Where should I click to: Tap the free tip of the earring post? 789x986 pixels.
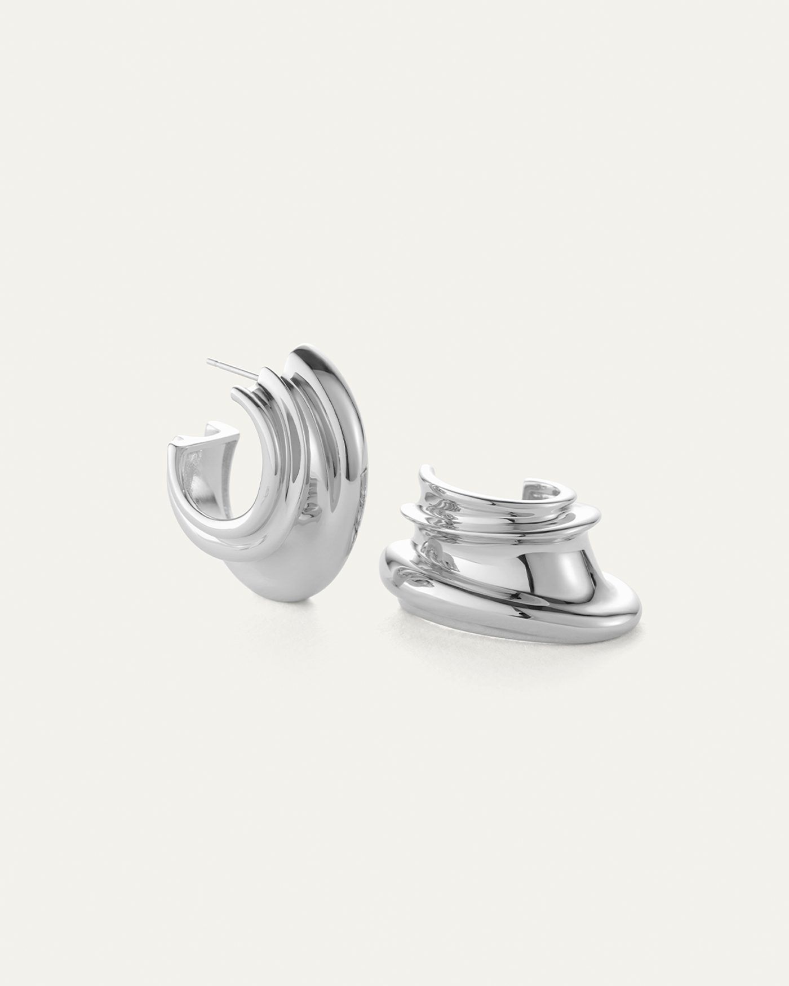(209, 359)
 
